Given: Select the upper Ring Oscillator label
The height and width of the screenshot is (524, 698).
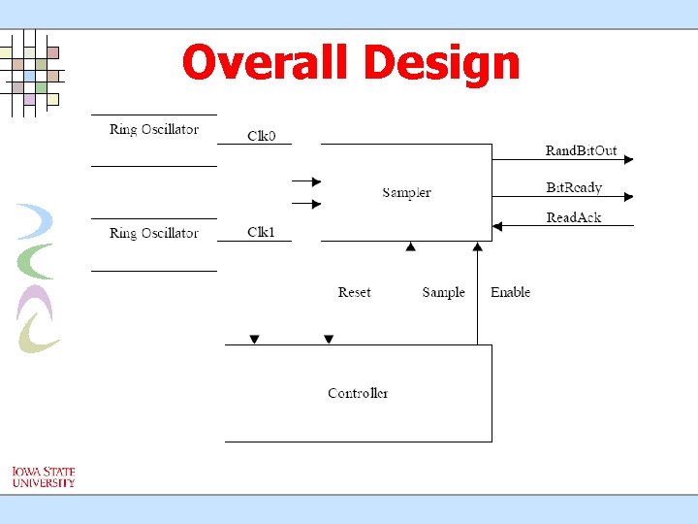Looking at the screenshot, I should tap(154, 129).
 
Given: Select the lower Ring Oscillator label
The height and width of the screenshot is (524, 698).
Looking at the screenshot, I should tap(154, 233).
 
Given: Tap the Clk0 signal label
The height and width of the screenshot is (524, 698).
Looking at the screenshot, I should tap(261, 136).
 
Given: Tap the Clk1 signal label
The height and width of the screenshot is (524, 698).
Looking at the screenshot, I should tap(261, 232).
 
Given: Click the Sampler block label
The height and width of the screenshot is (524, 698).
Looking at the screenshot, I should tap(406, 192).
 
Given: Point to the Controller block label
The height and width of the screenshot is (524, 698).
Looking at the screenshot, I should tap(358, 393).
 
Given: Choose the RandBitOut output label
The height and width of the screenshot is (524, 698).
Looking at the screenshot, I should tap(581, 150).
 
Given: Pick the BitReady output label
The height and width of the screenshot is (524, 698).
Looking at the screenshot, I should tap(574, 187).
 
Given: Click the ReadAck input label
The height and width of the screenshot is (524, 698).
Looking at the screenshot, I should tap(574, 217).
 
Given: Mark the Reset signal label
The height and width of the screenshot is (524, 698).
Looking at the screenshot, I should tap(354, 292).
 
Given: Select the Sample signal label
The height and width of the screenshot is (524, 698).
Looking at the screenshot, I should tap(443, 292).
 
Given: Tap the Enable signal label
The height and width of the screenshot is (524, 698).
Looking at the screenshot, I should tap(510, 292).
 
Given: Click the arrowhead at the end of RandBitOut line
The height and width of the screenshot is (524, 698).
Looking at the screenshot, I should tap(628, 158).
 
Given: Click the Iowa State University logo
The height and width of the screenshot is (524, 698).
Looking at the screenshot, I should tap(43, 476).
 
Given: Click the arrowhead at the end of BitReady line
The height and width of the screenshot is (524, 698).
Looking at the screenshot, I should tap(628, 195).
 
